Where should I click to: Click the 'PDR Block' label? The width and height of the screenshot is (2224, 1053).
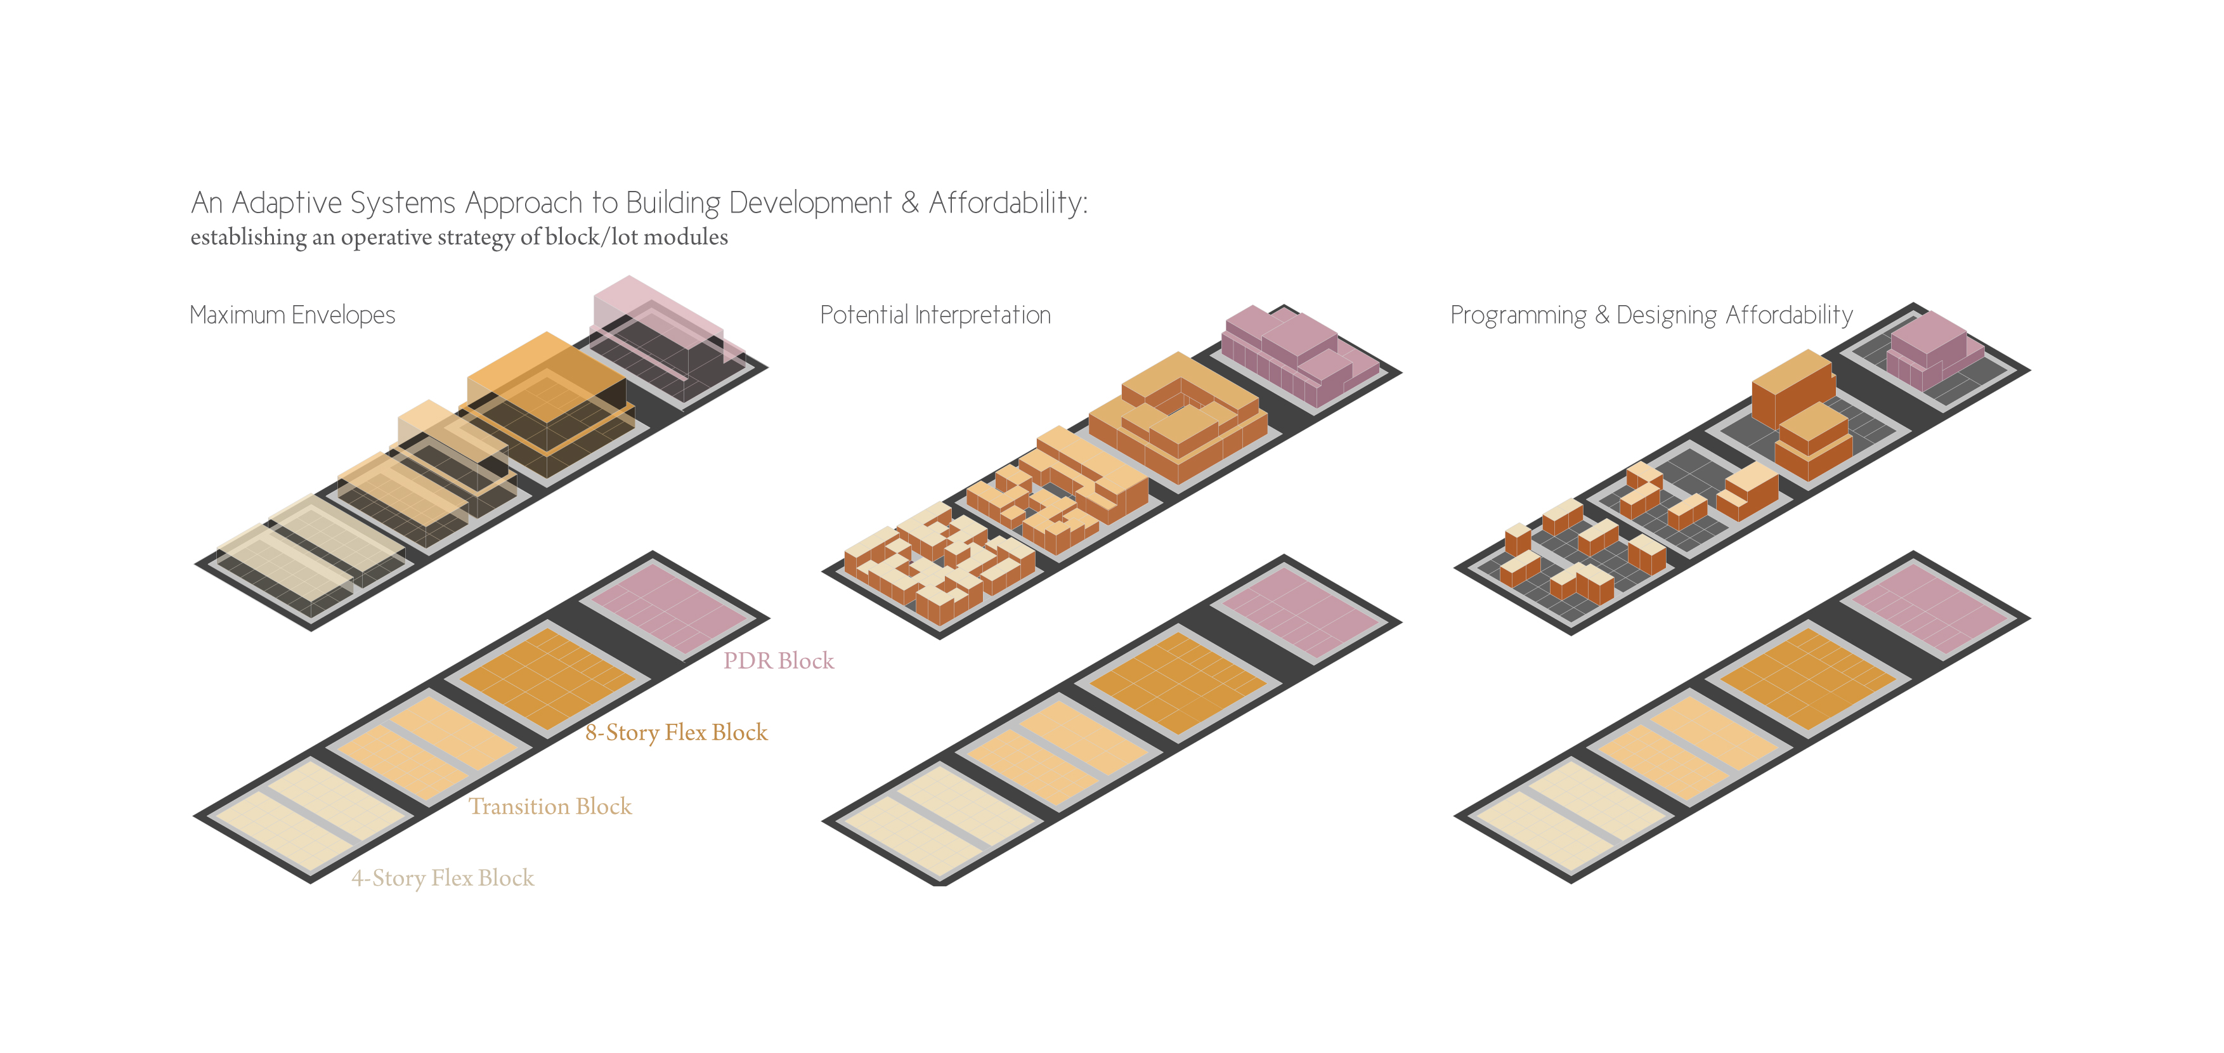click(x=778, y=661)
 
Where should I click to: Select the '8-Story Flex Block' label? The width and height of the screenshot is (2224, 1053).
click(x=676, y=733)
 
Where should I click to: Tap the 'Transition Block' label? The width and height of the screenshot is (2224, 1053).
click(x=550, y=806)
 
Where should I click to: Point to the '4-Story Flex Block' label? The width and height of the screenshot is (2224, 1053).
click(x=442, y=878)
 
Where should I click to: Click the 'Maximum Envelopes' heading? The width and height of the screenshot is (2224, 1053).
click(x=292, y=315)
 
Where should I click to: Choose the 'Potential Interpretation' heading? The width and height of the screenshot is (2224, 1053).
click(x=935, y=315)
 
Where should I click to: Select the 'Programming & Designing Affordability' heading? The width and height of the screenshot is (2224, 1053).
click(x=1651, y=315)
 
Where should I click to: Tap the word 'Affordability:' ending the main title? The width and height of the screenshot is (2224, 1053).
click(x=1008, y=203)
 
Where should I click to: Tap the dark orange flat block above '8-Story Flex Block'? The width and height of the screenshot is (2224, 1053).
click(x=548, y=678)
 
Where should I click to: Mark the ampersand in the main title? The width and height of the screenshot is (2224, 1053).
click(x=909, y=203)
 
